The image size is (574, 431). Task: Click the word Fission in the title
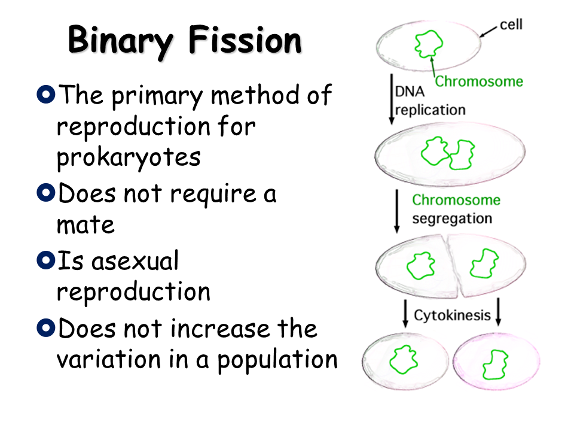click(x=245, y=40)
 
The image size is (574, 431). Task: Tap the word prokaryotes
click(x=129, y=158)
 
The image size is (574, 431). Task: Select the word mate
click(x=86, y=224)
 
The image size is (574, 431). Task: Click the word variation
click(x=109, y=359)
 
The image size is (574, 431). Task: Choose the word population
click(x=277, y=360)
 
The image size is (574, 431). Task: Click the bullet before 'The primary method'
click(x=46, y=94)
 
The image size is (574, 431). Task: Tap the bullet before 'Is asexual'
click(x=46, y=260)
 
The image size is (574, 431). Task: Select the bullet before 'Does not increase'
click(x=46, y=327)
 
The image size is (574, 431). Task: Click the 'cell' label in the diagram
click(x=511, y=25)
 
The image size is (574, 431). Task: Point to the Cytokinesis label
click(x=452, y=315)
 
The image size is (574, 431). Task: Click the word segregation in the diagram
click(x=452, y=219)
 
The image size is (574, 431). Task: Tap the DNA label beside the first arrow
click(x=410, y=92)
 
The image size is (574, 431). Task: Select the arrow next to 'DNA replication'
click(x=391, y=99)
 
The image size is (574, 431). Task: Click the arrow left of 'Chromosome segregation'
click(x=397, y=211)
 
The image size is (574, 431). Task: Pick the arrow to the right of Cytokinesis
click(x=498, y=312)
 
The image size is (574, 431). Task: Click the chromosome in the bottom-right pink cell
click(x=495, y=365)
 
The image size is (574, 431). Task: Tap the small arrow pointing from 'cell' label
click(x=488, y=32)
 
